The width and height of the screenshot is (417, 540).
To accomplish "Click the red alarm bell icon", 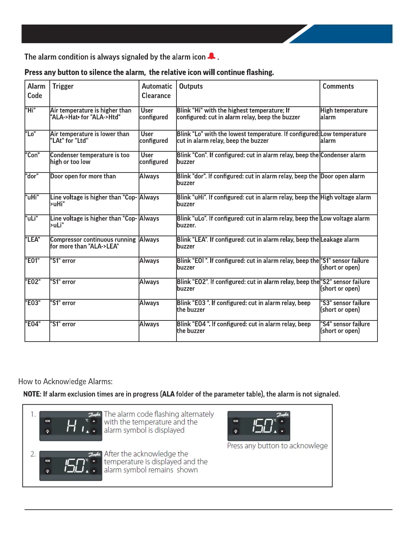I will [212, 56].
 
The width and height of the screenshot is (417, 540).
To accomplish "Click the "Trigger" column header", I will [63, 87].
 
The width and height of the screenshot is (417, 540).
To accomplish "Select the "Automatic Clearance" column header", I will [157, 91].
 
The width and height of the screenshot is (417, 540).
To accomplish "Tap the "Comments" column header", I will [338, 87].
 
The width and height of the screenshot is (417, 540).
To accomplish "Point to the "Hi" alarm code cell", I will [31, 110].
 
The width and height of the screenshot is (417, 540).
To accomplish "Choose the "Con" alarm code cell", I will [33, 155].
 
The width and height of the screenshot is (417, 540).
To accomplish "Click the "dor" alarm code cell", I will [32, 176].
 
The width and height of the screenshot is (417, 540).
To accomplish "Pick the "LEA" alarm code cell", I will [33, 240].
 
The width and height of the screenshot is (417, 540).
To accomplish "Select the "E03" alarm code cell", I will [33, 303].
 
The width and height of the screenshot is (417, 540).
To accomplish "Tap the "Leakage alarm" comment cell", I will [340, 240].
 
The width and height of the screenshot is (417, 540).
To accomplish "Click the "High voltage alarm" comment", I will [345, 197].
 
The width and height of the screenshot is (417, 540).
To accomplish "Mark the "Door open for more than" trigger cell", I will [83, 176].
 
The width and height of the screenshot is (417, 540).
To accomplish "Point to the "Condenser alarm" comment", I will [343, 155].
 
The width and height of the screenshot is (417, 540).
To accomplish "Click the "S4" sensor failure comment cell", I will [345, 327].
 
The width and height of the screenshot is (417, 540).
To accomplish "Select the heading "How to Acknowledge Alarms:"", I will [65, 381].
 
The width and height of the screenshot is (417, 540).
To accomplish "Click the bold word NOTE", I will [32, 394].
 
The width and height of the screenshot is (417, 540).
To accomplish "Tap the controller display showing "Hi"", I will [71, 426].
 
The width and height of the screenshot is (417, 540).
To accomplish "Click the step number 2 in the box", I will [33, 454].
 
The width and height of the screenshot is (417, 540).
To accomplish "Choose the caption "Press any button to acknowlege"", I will [277, 446].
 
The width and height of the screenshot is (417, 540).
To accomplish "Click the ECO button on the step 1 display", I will [48, 421].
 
